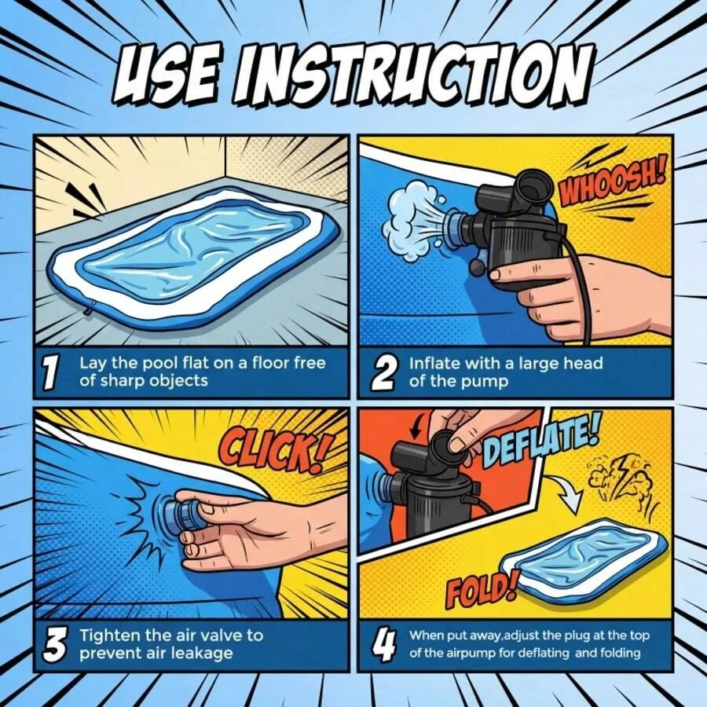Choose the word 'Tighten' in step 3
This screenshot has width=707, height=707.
coord(110,636)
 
